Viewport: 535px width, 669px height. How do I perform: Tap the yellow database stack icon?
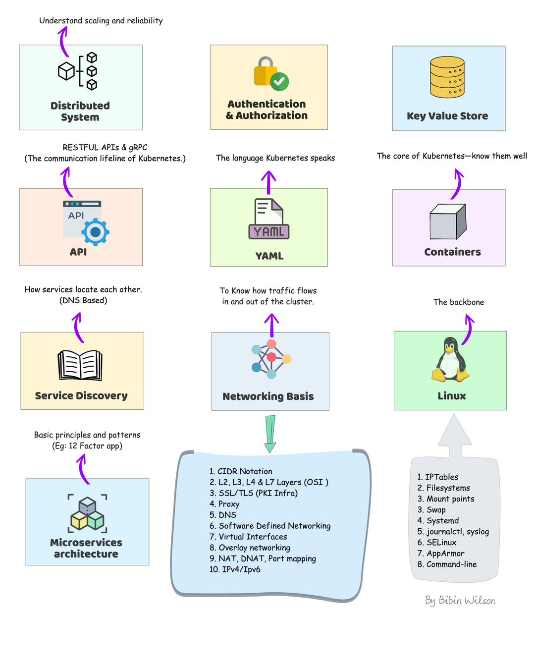[x=447, y=77]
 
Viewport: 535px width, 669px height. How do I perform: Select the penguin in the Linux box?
[x=450, y=360]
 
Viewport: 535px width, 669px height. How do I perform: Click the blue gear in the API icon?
[x=96, y=231]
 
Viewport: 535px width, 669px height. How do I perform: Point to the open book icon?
[x=80, y=366]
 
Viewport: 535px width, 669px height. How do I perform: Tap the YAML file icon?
[x=269, y=219]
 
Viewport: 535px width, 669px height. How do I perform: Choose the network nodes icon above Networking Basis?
[x=270, y=359]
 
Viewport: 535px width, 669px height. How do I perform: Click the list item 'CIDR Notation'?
[x=245, y=471]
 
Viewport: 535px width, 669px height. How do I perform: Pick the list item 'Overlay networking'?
[x=254, y=548]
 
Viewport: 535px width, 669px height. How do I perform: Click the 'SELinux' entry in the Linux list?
[x=441, y=542]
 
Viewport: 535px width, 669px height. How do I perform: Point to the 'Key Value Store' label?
[x=447, y=116]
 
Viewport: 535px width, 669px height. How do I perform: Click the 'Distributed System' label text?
[x=80, y=111]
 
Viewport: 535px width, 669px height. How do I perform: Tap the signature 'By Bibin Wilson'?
[x=460, y=601]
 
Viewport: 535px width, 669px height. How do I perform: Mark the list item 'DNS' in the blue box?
[x=227, y=515]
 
